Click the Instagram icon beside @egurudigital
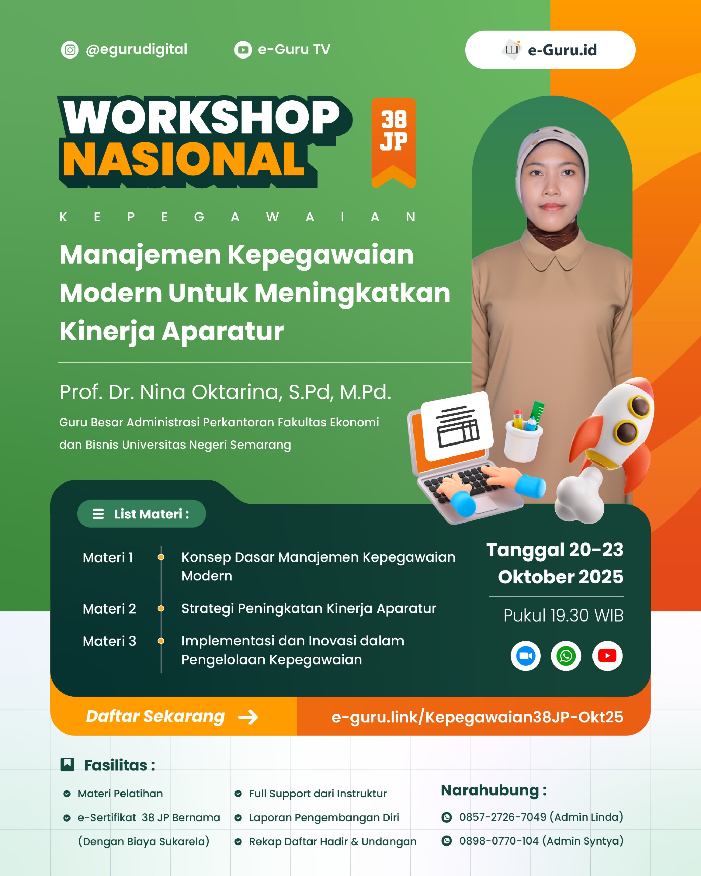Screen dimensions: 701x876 [70, 50]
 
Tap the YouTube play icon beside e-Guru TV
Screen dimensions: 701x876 [243, 50]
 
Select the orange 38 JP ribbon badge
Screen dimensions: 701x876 [393, 143]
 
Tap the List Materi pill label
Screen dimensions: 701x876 [141, 514]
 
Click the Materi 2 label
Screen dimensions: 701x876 [109, 609]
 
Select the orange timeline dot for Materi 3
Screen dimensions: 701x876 [161, 641]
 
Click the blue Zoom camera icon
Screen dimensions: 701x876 [525, 656]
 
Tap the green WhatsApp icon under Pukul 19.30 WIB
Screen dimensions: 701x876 [566, 656]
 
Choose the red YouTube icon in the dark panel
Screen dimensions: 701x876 [607, 656]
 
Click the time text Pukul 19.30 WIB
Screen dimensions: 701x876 [563, 616]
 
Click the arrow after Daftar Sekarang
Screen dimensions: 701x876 [248, 717]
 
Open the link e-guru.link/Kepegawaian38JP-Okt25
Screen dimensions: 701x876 [477, 717]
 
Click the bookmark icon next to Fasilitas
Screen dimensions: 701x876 [67, 764]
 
